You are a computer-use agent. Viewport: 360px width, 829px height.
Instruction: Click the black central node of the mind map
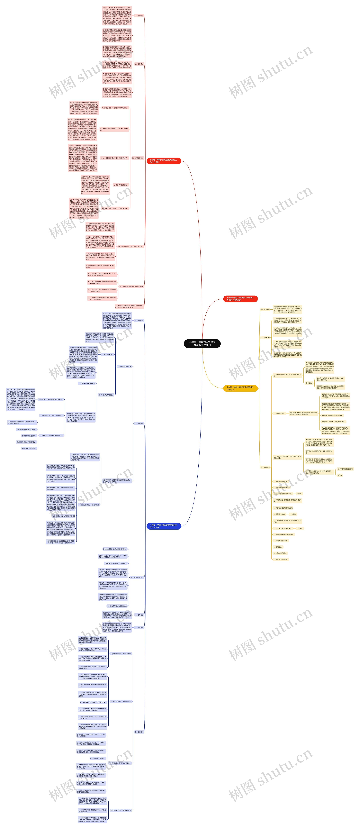click(x=202, y=343)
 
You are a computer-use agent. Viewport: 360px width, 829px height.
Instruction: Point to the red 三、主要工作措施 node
click(x=138, y=158)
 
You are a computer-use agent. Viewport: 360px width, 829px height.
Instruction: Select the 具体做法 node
click(x=308, y=383)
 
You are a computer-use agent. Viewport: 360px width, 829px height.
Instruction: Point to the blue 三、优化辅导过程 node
click(x=138, y=578)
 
